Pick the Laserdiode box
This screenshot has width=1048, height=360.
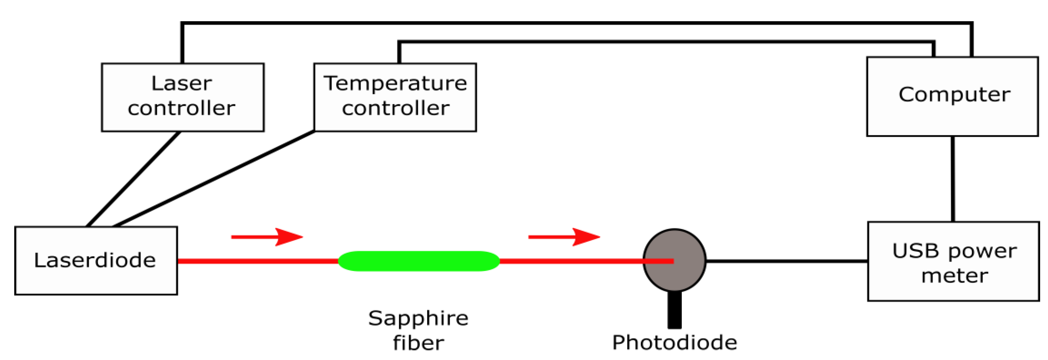pos(96,260)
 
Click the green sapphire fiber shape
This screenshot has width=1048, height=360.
pos(419,261)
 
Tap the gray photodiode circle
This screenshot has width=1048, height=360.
pos(674,248)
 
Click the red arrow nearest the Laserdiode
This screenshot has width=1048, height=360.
pos(267,237)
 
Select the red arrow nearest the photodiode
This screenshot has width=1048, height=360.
pos(564,237)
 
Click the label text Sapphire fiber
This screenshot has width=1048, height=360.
pos(418,330)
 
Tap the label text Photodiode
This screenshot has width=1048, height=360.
pos(674,342)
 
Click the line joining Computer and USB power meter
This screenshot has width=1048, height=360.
pos(953,179)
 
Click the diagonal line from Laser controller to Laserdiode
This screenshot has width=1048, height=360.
pos(134,178)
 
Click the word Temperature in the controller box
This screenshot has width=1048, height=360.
pos(395,84)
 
